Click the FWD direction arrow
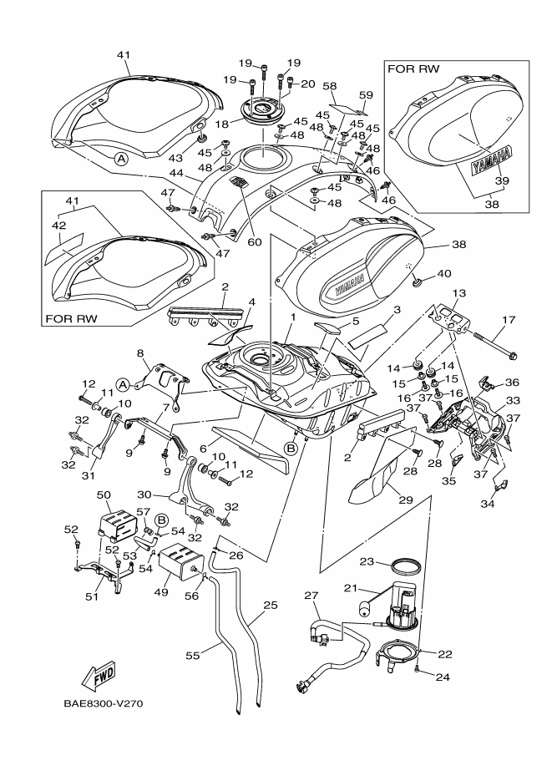tap(99, 673)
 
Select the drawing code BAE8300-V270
tap(103, 702)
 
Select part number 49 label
tap(162, 592)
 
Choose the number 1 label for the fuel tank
tap(293, 318)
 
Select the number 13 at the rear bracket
tap(458, 293)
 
